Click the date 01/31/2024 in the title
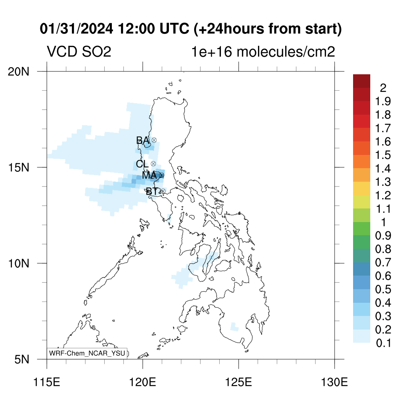76,29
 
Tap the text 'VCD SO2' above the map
79,52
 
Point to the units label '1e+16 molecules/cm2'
263,52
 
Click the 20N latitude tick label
18,71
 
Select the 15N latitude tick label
18,167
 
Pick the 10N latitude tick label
18,264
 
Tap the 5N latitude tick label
22,359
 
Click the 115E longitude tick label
47,382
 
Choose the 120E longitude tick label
143,382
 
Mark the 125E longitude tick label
239,382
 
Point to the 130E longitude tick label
334,382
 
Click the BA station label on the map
143,140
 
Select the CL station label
143,164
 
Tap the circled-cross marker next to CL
153,163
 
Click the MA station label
149,175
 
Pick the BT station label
152,191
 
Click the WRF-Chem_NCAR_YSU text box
87,353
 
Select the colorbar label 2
383,88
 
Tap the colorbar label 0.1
383,343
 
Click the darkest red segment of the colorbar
362,81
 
